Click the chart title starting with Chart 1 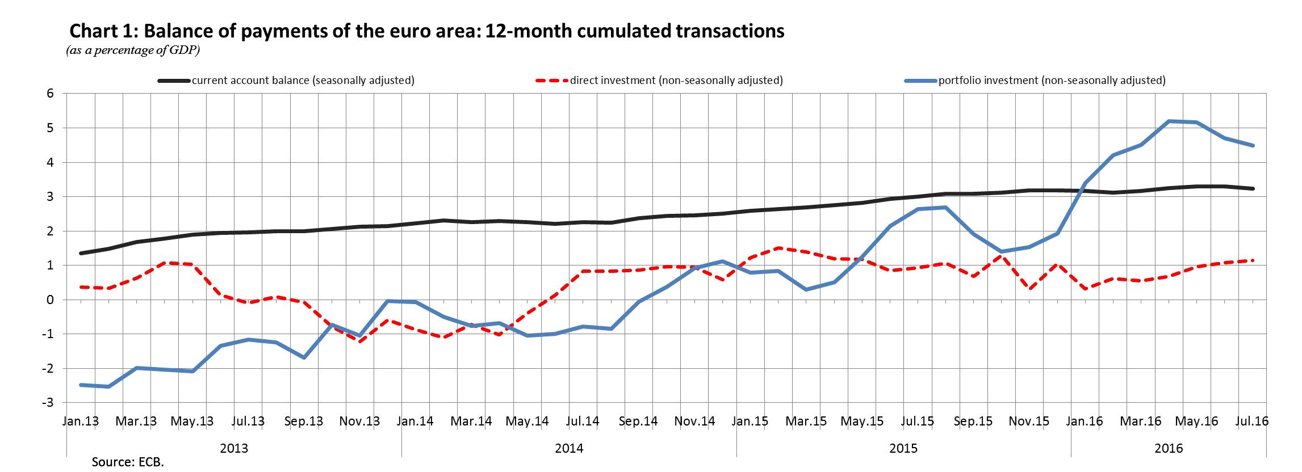[x=426, y=31]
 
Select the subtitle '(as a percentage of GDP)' [x=133, y=51]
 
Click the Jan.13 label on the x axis [x=80, y=422]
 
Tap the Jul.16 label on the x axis [x=1247, y=422]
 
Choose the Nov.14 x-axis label [x=694, y=422]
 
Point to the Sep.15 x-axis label [x=973, y=422]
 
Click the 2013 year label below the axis [x=234, y=449]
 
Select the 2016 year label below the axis [x=1169, y=449]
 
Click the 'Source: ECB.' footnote [x=128, y=462]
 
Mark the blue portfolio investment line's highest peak [x=1169, y=121]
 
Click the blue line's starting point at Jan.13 [x=81, y=385]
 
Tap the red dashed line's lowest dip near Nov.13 [x=359, y=341]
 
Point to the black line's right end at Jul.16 [x=1248, y=188]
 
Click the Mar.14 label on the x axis [x=471, y=422]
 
